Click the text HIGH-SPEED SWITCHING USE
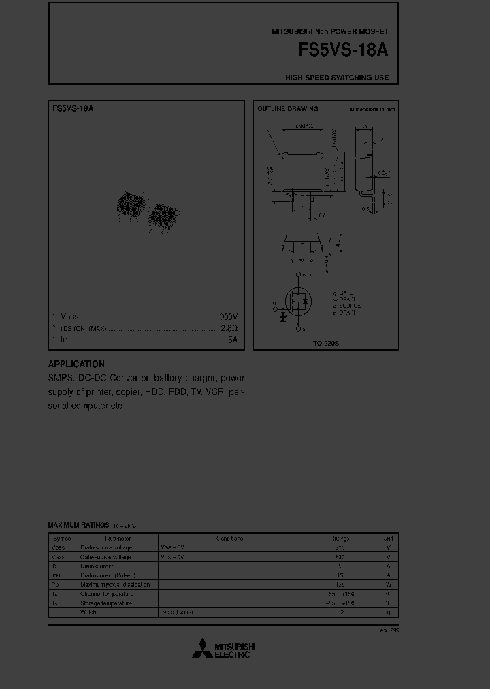click(337, 78)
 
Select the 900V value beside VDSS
click(228, 317)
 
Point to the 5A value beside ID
click(232, 339)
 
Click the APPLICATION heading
click(76, 364)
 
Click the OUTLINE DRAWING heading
click(287, 109)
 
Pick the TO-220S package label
click(326, 344)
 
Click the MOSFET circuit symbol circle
click(297, 301)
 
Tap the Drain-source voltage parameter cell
click(106, 547)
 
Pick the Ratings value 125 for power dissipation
click(340, 585)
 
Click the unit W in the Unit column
click(388, 585)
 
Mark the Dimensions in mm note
click(372, 109)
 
